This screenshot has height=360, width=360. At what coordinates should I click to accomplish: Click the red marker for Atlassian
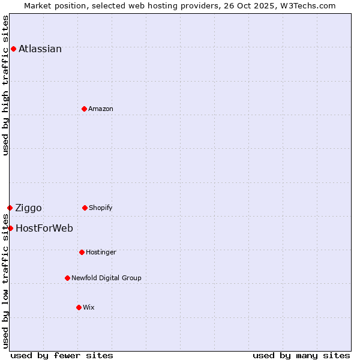(x=13, y=49)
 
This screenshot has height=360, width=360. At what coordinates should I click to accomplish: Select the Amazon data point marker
(x=84, y=109)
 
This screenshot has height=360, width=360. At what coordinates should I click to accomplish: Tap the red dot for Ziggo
(x=10, y=208)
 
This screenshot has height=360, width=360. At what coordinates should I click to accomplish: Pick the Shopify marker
(x=85, y=208)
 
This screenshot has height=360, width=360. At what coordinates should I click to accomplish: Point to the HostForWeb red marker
(x=10, y=228)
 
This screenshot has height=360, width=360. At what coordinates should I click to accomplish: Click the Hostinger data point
(x=82, y=252)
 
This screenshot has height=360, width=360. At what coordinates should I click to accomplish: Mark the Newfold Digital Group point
(x=67, y=278)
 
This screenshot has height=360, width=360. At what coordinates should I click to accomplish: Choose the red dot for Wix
(x=79, y=307)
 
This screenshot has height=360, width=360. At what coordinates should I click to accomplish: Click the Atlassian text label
(x=40, y=49)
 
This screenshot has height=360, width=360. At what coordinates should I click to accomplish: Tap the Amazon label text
(x=101, y=109)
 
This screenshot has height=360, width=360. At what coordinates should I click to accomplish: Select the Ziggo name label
(x=28, y=208)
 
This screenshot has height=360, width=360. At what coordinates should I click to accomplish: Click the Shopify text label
(x=101, y=208)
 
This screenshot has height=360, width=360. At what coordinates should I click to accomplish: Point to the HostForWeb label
(x=44, y=229)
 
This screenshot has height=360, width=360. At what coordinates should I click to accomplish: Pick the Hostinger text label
(x=101, y=253)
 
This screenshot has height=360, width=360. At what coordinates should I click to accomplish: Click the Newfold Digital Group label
(x=106, y=278)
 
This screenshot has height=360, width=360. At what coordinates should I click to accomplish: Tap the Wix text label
(x=89, y=308)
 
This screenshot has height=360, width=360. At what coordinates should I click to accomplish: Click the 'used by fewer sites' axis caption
(x=62, y=355)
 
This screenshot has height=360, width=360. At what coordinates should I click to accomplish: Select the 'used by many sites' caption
(x=301, y=355)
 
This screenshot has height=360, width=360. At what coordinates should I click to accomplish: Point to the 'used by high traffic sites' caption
(x=5, y=85)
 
